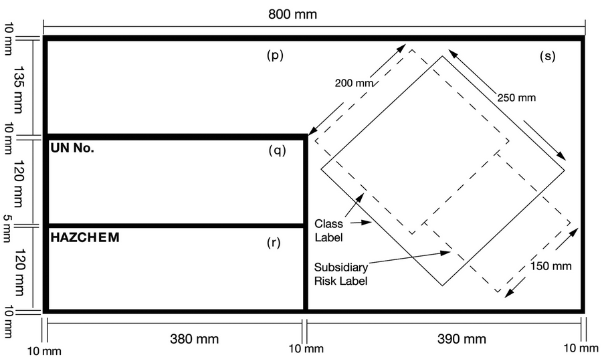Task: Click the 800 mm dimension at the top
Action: click(x=292, y=14)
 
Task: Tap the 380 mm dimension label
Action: click(x=193, y=339)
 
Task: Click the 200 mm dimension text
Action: click(x=353, y=84)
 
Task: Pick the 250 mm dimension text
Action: click(x=517, y=98)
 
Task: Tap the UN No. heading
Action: click(x=72, y=148)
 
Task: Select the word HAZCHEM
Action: click(x=85, y=237)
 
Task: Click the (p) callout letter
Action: click(x=275, y=56)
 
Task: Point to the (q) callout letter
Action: click(x=276, y=150)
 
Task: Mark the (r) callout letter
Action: click(x=274, y=243)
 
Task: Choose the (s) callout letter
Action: click(x=547, y=56)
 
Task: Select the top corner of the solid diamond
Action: click(x=442, y=56)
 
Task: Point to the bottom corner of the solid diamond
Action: click(x=442, y=286)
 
